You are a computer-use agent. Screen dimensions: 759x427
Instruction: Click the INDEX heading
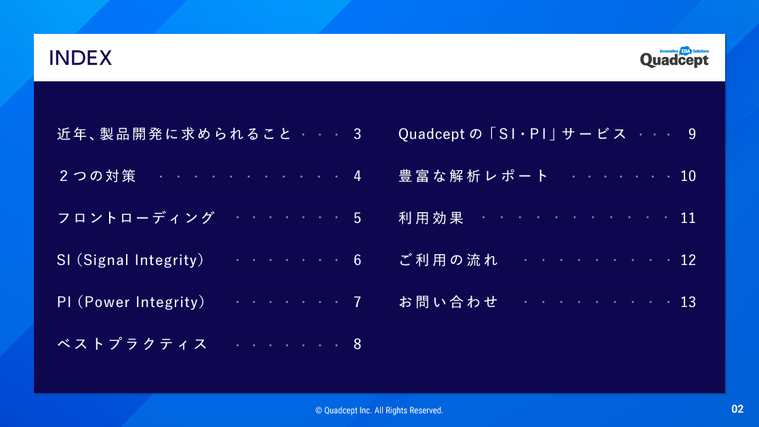81,58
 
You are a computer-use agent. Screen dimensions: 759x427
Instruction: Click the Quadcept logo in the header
674,57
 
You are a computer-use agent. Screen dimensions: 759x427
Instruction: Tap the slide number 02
737,409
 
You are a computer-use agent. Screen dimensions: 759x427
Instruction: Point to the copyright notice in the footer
379,411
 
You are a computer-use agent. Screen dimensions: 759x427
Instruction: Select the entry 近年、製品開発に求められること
174,134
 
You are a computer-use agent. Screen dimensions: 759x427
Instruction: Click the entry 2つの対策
98,176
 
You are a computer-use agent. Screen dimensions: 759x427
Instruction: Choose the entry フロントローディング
136,218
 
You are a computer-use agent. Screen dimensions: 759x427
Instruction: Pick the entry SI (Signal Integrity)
131,260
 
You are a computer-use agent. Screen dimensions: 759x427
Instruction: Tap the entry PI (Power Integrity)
131,302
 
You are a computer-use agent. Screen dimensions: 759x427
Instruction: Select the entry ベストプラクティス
132,344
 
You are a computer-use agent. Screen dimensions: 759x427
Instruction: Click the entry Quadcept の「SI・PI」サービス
512,134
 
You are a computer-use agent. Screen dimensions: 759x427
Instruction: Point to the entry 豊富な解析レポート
474,176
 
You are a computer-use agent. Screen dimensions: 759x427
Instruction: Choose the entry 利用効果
431,218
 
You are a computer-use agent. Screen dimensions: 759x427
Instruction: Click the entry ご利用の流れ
448,260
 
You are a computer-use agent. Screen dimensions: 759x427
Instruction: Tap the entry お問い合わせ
448,302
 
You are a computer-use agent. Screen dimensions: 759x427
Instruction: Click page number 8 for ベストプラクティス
358,344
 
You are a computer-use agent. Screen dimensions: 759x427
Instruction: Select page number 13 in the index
689,302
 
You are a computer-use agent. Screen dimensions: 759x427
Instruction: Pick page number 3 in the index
358,134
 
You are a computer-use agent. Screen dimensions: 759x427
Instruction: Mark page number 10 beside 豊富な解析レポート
689,176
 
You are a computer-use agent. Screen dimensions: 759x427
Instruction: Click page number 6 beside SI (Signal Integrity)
358,260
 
